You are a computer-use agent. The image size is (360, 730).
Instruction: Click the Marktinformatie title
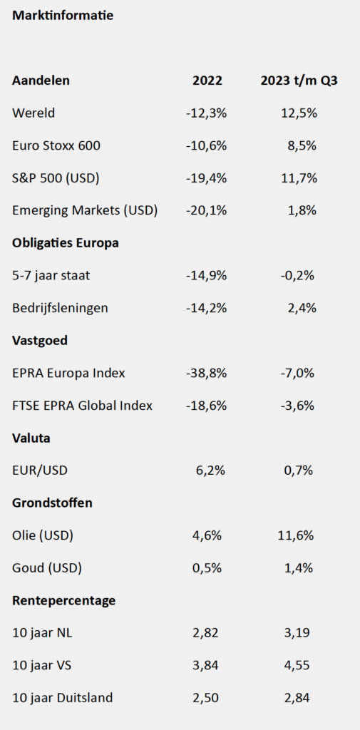tap(63, 16)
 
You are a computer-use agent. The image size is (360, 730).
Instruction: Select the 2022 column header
tap(207, 81)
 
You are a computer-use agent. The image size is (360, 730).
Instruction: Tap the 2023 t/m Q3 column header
tap(299, 81)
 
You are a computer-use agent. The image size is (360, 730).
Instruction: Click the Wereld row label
tap(34, 113)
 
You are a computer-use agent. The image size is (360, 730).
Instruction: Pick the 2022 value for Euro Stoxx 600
tap(206, 145)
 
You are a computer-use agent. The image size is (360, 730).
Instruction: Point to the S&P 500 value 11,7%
tap(299, 178)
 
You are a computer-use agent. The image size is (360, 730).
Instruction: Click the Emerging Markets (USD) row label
tap(85, 210)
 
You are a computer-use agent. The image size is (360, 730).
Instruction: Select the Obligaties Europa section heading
tap(65, 243)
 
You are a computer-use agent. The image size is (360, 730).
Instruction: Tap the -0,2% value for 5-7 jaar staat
tap(297, 276)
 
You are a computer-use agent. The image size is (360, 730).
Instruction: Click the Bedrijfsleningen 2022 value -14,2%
tap(206, 308)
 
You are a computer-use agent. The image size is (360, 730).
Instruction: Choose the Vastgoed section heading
tap(40, 341)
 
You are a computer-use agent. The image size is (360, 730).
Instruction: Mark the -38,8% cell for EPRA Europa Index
tap(206, 373)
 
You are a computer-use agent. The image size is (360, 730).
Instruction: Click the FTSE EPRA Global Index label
tap(83, 406)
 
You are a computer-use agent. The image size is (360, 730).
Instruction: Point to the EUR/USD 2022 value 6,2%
tap(210, 471)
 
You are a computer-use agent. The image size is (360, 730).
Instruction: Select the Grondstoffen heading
tap(52, 503)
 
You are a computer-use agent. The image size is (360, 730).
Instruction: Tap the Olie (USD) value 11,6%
tap(296, 535)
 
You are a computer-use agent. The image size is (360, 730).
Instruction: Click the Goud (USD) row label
tap(47, 568)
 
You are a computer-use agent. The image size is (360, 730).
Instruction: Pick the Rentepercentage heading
tap(64, 601)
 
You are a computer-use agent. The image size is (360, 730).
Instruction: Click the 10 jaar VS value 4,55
tap(297, 666)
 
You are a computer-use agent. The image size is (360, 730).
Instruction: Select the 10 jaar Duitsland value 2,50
tap(205, 699)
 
